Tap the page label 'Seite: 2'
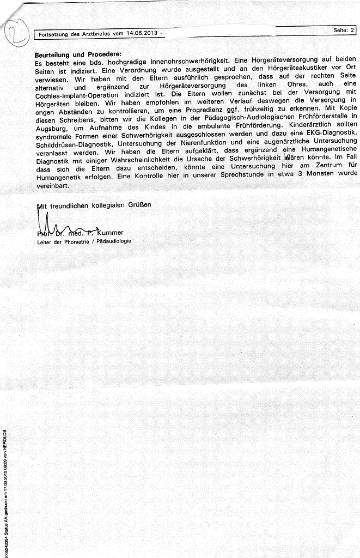[344, 30]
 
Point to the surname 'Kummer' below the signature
[113, 233]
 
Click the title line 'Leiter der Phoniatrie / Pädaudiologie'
[84, 241]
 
